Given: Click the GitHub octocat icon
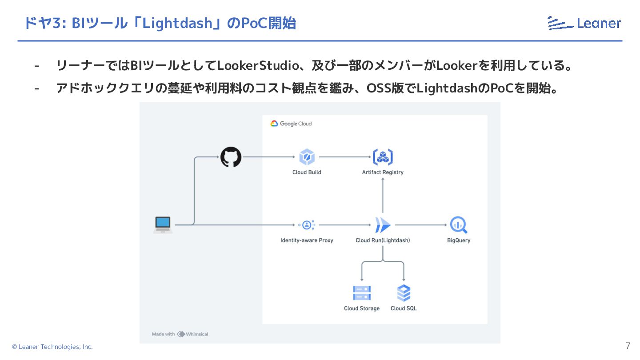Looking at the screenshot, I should [x=231, y=157].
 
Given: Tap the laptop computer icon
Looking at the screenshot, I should [x=163, y=224].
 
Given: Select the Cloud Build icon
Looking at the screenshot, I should [x=307, y=157].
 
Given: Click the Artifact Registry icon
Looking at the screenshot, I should [x=382, y=157].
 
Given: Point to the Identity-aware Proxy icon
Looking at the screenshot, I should [x=307, y=225].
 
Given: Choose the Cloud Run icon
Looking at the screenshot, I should [x=382, y=225].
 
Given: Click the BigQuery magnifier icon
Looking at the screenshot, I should [x=458, y=225].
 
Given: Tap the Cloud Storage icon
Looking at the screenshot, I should [x=362, y=293].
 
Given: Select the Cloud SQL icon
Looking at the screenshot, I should [x=404, y=293].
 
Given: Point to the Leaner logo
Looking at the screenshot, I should [x=584, y=23].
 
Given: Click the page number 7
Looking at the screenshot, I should [x=628, y=346].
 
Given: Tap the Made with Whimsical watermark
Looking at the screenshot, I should [x=180, y=334].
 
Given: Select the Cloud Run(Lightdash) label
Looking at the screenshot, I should [x=383, y=240].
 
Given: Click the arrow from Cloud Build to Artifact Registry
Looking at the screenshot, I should [x=345, y=157].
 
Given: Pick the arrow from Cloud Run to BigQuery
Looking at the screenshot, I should [x=420, y=225].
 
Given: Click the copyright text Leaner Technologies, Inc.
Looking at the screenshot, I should [x=52, y=347].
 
